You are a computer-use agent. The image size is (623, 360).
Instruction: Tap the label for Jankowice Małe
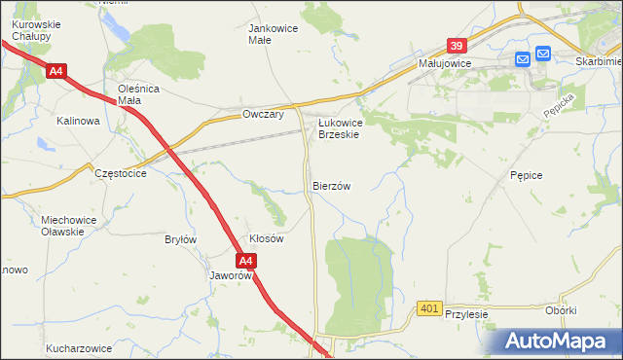click(274, 34)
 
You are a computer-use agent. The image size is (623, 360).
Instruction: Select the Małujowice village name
click(445, 62)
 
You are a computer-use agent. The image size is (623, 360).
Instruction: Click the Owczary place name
click(262, 115)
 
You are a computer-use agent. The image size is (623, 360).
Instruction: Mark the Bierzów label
click(331, 185)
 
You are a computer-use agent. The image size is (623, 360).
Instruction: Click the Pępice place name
click(526, 174)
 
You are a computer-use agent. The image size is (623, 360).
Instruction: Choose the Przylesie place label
click(465, 314)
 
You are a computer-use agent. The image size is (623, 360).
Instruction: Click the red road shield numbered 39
click(458, 45)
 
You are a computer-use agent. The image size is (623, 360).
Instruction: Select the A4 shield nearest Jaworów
click(246, 261)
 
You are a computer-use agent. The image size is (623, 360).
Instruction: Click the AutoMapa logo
click(556, 341)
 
